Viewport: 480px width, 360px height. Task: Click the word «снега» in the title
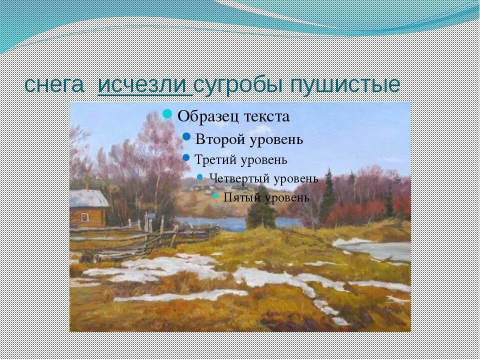tap(54, 85)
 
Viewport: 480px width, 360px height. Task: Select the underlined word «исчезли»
tap(144, 85)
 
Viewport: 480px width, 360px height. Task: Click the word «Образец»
tap(209, 116)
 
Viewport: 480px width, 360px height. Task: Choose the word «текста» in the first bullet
tap(267, 116)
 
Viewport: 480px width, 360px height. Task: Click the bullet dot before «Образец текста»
tap(168, 113)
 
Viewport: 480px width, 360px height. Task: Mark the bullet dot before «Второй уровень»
tap(186, 136)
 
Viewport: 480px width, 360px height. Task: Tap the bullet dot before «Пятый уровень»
tap(216, 195)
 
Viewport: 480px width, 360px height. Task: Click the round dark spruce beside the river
tap(260, 212)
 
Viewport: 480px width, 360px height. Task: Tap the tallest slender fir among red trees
tap(327, 195)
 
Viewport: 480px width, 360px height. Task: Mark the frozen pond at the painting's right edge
tap(380, 248)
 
